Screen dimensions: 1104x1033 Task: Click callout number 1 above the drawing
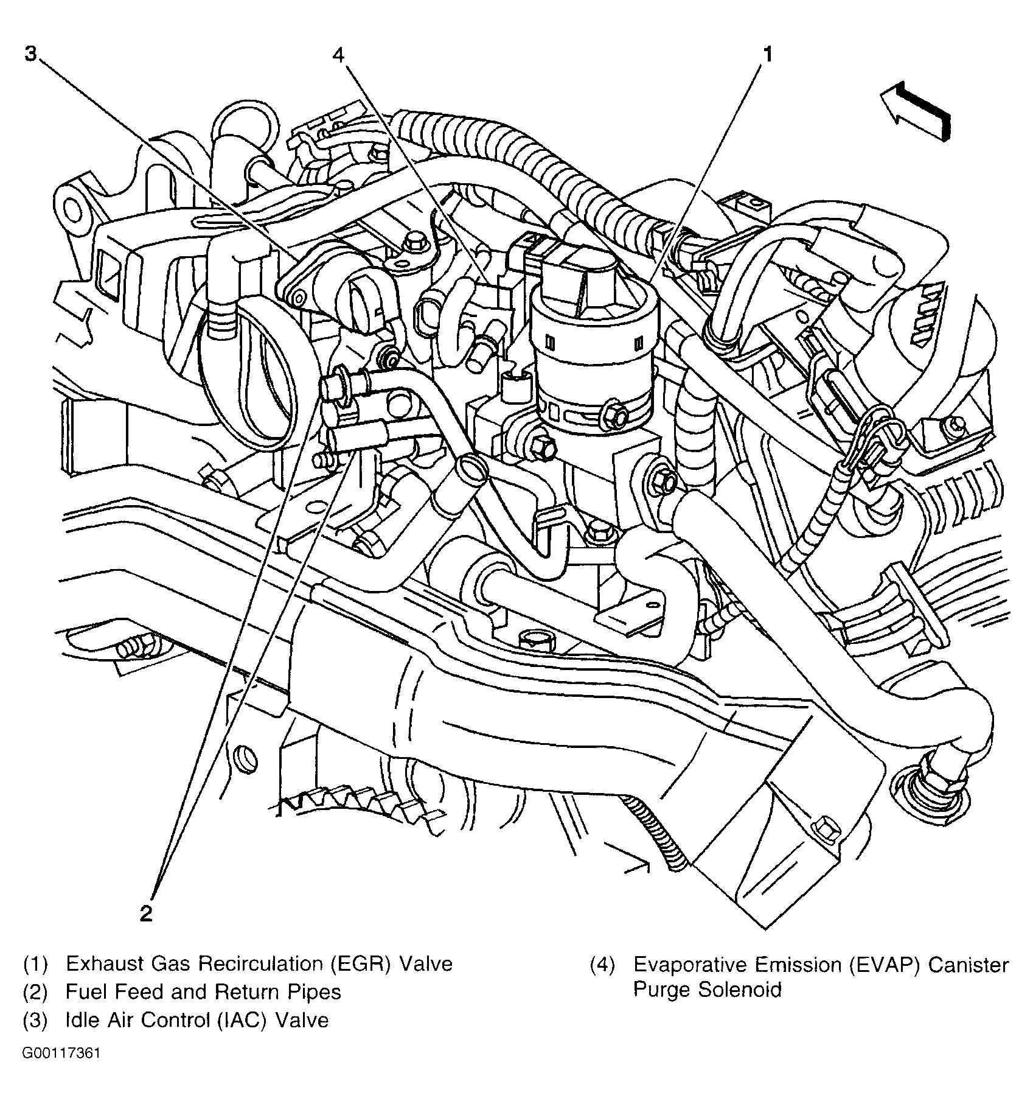click(x=768, y=55)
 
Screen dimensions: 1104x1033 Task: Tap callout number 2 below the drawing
click(x=145, y=914)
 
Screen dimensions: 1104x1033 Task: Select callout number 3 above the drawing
click(x=30, y=54)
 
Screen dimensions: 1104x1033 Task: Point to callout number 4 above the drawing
click(x=338, y=55)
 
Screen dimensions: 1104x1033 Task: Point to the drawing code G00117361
click(x=61, y=1053)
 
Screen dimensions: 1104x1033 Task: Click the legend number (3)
click(x=35, y=1020)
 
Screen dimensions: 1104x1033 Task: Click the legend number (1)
click(x=35, y=964)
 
